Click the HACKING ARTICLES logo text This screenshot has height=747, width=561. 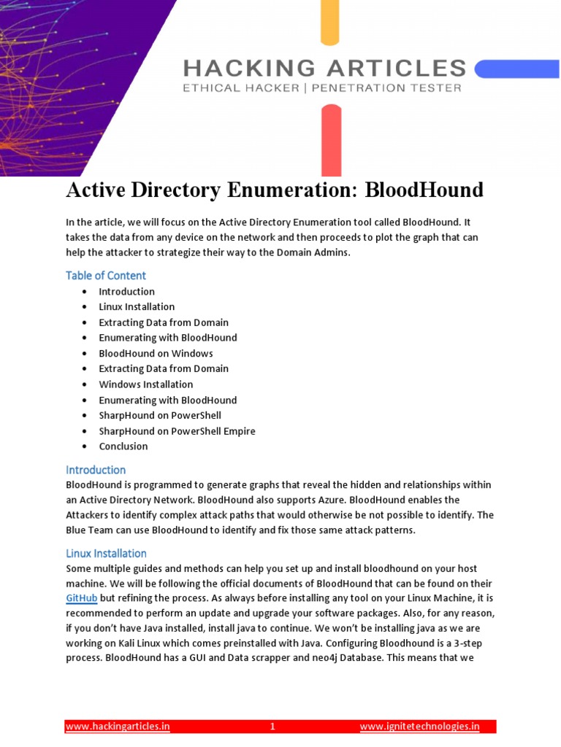(x=324, y=69)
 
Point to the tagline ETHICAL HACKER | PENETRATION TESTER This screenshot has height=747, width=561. (x=322, y=88)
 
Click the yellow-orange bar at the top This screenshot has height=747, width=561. (x=330, y=22)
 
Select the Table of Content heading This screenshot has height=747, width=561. (x=106, y=275)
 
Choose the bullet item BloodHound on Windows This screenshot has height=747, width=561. (x=156, y=353)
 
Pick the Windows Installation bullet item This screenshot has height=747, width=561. (x=146, y=384)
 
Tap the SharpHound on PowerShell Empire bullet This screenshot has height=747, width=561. (x=177, y=431)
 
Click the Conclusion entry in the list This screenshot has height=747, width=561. (x=123, y=446)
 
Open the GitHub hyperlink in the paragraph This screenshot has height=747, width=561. (x=82, y=598)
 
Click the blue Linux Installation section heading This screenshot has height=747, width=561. (x=106, y=553)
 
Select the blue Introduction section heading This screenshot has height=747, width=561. (x=96, y=470)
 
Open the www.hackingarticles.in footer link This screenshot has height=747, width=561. (x=118, y=727)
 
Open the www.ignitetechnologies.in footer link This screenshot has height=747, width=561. (x=420, y=727)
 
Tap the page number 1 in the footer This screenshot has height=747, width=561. (x=272, y=727)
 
